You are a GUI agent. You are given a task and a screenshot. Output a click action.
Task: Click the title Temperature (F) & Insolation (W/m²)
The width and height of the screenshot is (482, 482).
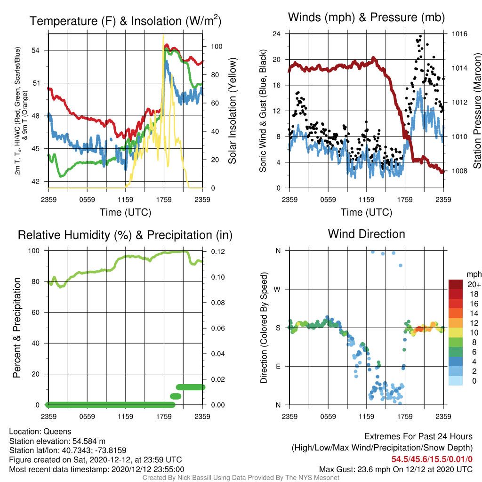(125, 21)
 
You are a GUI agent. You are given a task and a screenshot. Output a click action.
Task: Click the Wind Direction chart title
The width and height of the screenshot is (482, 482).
(366, 234)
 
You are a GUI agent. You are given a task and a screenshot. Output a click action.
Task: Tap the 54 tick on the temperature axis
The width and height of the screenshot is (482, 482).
(36, 50)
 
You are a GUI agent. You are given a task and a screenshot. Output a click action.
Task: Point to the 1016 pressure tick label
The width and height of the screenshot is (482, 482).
(459, 34)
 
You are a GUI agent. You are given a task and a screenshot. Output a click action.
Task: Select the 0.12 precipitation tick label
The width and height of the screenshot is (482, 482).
(218, 251)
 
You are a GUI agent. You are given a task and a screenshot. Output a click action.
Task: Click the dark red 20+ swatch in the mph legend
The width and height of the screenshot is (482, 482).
(456, 284)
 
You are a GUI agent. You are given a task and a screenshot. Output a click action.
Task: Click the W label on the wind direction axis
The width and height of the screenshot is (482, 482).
(277, 289)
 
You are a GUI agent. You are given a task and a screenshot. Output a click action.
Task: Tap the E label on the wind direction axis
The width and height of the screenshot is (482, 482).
(278, 366)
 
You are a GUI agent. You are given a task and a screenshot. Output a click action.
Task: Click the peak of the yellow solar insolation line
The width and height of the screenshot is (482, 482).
(163, 35)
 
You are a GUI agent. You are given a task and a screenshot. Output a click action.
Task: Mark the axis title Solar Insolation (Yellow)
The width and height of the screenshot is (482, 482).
(233, 111)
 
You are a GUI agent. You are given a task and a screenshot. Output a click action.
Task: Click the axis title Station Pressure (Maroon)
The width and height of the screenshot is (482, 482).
(477, 111)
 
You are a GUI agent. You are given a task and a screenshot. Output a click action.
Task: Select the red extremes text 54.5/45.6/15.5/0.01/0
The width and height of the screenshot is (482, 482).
(432, 459)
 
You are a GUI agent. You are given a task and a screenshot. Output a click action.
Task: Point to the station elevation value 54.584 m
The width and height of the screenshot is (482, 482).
(89, 441)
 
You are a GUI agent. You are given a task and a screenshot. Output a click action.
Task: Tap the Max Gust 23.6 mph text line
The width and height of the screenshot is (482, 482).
(395, 469)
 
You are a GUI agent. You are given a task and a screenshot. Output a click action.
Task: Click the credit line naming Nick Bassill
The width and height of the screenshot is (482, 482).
(241, 478)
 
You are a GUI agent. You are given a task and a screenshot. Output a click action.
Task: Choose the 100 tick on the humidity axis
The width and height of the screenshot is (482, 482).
(34, 251)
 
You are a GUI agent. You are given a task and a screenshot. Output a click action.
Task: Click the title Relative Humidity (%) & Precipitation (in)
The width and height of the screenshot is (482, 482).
(125, 235)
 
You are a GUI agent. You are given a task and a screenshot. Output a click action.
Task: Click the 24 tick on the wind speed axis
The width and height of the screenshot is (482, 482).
(276, 34)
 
